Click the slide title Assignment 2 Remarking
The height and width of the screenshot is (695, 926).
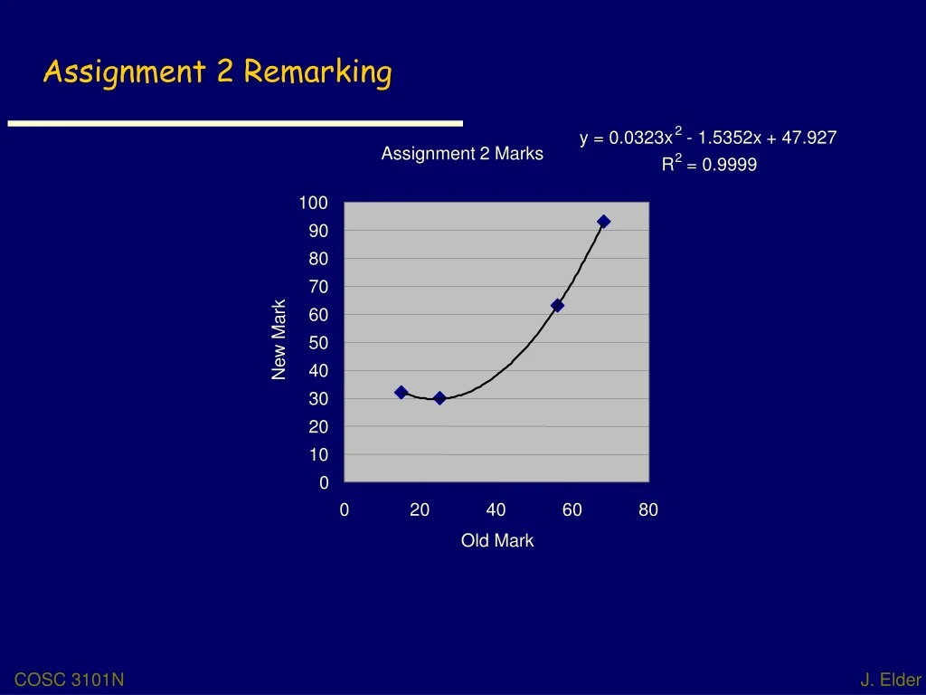[x=217, y=71]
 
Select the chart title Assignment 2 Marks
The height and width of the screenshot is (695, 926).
[x=462, y=154]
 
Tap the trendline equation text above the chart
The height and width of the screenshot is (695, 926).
[x=708, y=138]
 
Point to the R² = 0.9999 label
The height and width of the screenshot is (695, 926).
[x=709, y=165]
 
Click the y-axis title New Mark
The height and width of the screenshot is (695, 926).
[x=279, y=339]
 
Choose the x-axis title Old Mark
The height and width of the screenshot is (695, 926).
[x=497, y=540]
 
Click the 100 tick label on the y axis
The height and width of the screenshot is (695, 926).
[x=314, y=203]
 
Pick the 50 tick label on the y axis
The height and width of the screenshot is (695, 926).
[x=318, y=343]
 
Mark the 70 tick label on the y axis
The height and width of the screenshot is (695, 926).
[x=318, y=287]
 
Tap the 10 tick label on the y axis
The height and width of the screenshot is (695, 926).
[x=318, y=455]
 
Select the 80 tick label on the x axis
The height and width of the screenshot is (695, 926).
[x=648, y=510]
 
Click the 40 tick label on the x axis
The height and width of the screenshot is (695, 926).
[x=496, y=510]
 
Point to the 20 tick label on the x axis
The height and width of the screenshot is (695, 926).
[x=420, y=510]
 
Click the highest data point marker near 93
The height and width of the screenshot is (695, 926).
[x=604, y=222]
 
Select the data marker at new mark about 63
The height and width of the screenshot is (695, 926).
[x=557, y=306]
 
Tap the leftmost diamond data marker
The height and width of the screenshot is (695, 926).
[x=402, y=393]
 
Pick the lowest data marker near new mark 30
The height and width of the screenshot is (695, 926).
[x=439, y=398]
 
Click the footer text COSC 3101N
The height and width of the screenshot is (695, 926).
[x=70, y=681]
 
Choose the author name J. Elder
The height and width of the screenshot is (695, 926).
[x=891, y=681]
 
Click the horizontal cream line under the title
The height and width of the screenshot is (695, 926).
[x=235, y=123]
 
